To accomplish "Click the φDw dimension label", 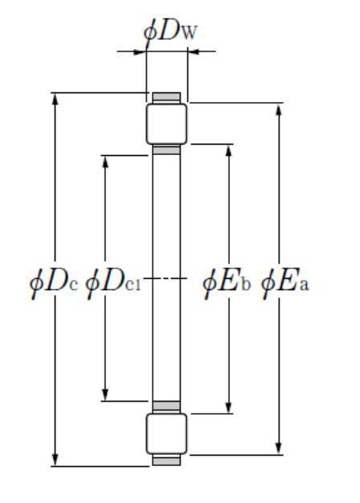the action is point(170,32).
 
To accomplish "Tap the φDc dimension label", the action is point(54,282).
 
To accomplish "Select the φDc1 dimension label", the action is point(113,282).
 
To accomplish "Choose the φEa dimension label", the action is point(285,282).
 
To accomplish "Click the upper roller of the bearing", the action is point(166,124).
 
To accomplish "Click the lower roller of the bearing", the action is point(166,434).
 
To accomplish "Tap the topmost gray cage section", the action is point(166,97).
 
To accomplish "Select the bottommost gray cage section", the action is point(166,460).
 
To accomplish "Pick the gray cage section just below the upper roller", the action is point(166,149).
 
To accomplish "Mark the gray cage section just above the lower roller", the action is point(166,406).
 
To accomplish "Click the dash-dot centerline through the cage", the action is point(166,278).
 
